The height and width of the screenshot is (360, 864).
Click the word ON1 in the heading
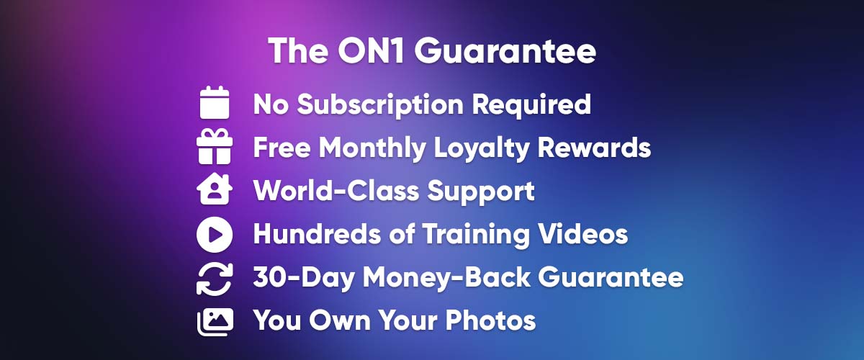[372, 51]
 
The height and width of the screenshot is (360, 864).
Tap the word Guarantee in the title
[505, 51]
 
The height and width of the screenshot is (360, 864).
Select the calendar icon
[215, 102]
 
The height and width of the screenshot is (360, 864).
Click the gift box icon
[215, 147]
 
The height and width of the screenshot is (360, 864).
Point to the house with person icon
[215, 189]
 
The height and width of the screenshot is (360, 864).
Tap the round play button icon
[215, 234]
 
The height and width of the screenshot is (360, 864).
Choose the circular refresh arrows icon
[215, 279]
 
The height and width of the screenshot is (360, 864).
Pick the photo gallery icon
[215, 322]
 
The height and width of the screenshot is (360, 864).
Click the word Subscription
[380, 105]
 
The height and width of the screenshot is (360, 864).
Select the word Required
[531, 105]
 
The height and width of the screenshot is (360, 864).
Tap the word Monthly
[372, 148]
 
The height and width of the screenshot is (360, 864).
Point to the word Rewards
[595, 148]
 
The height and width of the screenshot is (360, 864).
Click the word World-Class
[336, 191]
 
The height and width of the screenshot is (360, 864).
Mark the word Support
[481, 192]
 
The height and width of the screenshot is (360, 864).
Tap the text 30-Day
[304, 278]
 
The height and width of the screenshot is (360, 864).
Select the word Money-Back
[446, 278]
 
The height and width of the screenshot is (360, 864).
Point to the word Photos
[490, 320]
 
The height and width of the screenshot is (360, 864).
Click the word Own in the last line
[339, 320]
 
